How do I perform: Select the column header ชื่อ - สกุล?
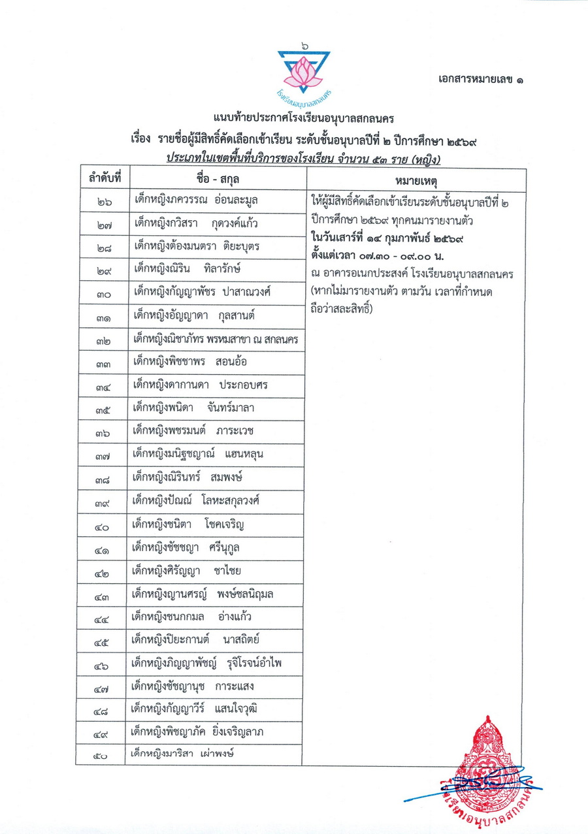click(216, 178)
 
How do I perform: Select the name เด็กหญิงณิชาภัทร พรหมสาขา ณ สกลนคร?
click(215, 340)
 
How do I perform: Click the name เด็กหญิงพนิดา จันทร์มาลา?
click(193, 408)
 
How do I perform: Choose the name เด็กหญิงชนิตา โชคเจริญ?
click(188, 524)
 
